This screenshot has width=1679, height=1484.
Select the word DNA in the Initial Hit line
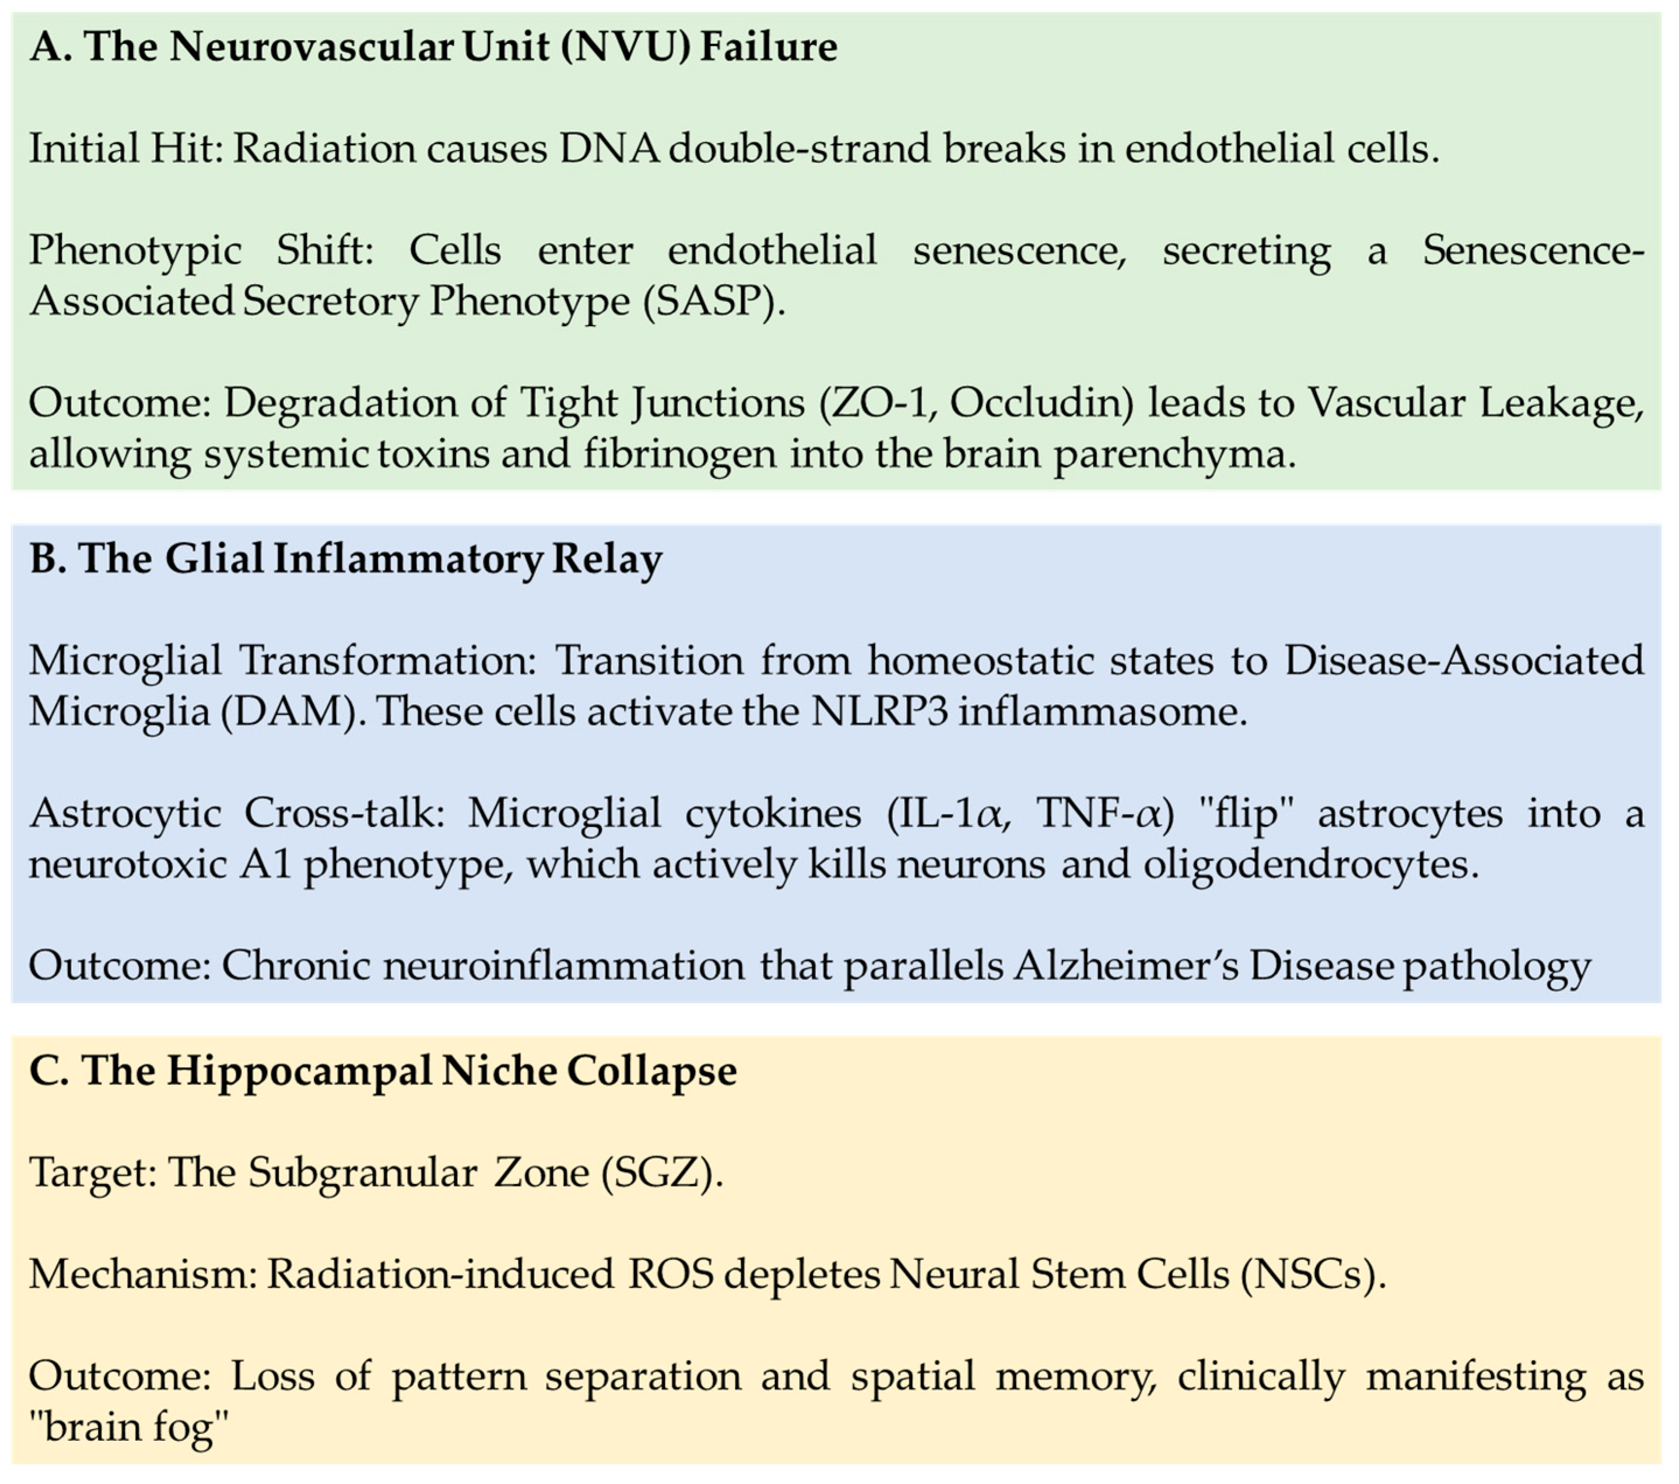coord(609,149)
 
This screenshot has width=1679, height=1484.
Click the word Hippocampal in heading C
coord(299,1070)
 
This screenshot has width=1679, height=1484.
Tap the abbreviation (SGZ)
coord(662,1172)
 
